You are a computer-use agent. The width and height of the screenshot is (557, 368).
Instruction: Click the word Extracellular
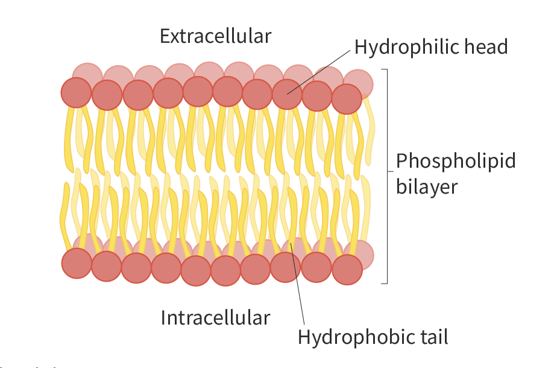coord(215,36)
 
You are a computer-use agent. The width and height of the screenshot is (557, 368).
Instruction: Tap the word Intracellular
coord(215,317)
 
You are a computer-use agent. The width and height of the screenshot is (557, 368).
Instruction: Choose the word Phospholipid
coord(456,162)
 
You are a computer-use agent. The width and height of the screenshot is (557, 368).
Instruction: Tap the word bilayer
coord(427,186)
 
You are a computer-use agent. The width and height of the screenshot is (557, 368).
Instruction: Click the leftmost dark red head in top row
coord(76,93)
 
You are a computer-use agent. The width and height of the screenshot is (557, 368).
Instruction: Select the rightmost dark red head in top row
coord(347,99)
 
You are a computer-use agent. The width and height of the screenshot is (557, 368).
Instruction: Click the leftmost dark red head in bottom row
coord(77,263)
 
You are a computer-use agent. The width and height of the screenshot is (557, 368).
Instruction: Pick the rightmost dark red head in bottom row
coord(347,270)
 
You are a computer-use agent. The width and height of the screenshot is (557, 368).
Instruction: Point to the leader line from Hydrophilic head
coord(319,71)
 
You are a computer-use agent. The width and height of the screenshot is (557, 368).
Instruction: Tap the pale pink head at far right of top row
coord(360,83)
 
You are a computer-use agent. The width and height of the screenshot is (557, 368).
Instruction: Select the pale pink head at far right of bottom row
coord(360,255)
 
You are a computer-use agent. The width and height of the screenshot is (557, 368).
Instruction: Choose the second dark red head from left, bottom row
coord(107,266)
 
